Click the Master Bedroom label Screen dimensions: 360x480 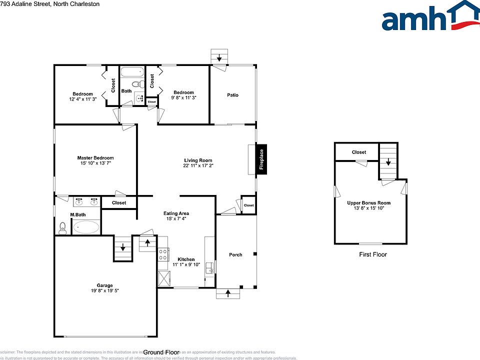(95, 158)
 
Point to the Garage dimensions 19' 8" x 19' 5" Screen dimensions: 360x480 (105, 290)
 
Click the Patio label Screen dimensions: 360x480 (232, 94)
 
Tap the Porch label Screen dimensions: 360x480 (235, 254)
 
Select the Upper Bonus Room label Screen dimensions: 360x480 (369, 203)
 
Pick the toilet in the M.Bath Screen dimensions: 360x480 (62, 228)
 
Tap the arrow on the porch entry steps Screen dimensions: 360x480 (228, 293)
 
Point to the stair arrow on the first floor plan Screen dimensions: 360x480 (387, 162)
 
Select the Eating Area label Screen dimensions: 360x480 (176, 213)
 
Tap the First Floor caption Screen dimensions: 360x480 (373, 254)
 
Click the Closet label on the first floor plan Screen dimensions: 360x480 (358, 152)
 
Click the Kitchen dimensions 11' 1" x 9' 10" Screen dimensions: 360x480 (186, 264)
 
